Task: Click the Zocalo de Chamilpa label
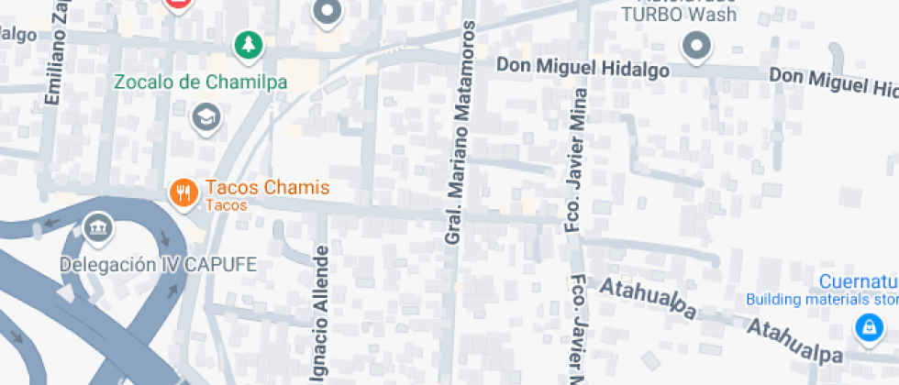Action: click(x=200, y=82)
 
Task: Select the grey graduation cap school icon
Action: click(x=205, y=116)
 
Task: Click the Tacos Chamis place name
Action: click(x=267, y=188)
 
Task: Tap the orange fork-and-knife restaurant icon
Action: click(x=183, y=192)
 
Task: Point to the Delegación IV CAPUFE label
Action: click(x=159, y=265)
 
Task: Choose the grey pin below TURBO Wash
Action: click(x=696, y=46)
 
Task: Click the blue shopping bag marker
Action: click(x=866, y=325)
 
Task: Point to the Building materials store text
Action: click(x=821, y=299)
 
